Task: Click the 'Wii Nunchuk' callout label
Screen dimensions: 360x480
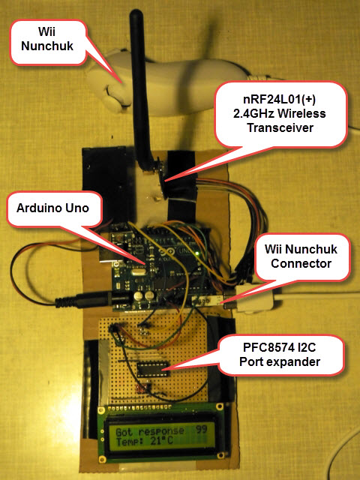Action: tap(47, 39)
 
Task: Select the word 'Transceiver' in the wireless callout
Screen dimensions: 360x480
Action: tap(280, 127)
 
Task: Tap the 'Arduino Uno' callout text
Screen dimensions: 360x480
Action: tap(52, 208)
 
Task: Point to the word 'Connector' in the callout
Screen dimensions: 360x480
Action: tap(301, 263)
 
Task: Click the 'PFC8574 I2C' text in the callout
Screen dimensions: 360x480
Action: tap(280, 347)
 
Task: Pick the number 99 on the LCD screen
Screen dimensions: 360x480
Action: tap(201, 429)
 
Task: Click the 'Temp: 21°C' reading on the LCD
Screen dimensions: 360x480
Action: tap(144, 441)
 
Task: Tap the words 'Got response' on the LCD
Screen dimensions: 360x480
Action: tap(150, 432)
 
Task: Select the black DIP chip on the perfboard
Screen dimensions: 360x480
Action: tap(152, 368)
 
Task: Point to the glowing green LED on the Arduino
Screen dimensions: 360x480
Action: tap(197, 253)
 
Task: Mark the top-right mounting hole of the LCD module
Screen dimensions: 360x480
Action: tap(219, 406)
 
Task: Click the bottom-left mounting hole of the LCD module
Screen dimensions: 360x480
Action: tap(102, 459)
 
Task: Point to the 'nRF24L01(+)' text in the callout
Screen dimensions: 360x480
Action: tap(280, 99)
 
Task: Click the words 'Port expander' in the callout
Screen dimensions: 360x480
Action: tap(280, 361)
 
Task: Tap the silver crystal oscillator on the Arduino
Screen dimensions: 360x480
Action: tap(136, 271)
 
